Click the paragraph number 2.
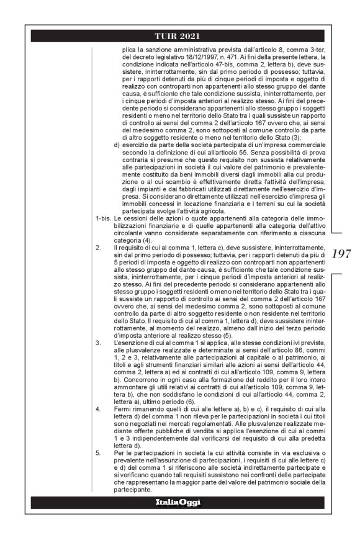tap(97, 247)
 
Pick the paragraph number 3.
tap(97, 342)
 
